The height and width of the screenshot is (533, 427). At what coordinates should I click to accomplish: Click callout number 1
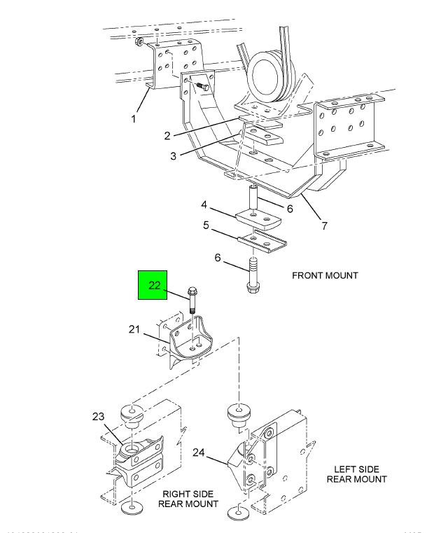point(134,118)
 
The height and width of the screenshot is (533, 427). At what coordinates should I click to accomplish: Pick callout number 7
point(324,226)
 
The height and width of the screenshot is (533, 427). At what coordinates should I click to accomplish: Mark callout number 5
point(206,226)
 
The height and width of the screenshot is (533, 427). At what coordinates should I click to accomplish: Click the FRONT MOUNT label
point(325,275)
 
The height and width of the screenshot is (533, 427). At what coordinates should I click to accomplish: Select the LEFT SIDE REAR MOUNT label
point(356,473)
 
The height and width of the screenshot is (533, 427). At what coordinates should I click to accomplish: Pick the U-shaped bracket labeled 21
point(187,341)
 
